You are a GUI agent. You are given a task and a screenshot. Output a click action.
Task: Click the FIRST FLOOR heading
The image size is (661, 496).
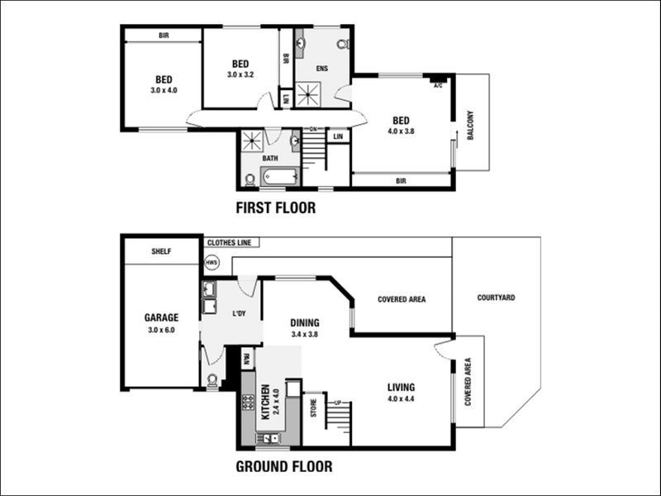[275, 207]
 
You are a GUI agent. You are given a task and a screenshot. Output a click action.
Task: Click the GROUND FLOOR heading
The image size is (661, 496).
[284, 466]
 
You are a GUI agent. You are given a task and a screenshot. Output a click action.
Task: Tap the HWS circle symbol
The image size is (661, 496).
[212, 263]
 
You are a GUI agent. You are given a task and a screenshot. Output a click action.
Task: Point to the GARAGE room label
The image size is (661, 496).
[162, 317]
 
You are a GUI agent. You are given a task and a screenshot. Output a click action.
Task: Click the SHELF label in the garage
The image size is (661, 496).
[161, 251]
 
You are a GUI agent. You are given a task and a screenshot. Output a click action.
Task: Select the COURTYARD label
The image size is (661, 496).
[497, 298]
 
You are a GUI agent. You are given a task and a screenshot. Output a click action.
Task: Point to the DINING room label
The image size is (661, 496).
[305, 323]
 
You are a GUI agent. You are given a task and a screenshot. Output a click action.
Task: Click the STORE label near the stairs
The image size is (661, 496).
[314, 409]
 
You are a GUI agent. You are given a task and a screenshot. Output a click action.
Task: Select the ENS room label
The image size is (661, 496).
[321, 69]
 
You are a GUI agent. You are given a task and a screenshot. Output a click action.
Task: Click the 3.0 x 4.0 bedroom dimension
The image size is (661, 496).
[164, 90]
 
